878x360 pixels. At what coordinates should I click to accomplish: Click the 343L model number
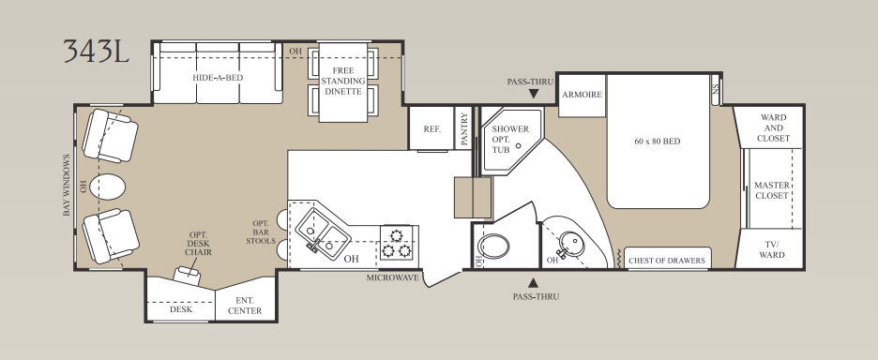tap(96, 51)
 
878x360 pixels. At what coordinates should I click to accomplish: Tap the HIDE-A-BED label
tap(218, 77)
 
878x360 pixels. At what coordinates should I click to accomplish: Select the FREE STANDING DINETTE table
tap(342, 82)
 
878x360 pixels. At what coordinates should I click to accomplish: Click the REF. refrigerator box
tap(431, 128)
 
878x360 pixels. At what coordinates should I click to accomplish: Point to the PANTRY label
tap(463, 129)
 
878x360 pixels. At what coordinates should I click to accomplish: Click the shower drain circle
tap(519, 145)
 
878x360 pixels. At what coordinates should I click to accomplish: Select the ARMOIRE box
tap(582, 96)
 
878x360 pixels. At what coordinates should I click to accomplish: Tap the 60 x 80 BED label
tap(658, 141)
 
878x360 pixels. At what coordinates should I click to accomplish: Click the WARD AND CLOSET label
tap(773, 127)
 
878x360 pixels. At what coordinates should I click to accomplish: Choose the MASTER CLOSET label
tap(772, 190)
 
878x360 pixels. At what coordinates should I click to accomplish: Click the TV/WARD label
tap(772, 249)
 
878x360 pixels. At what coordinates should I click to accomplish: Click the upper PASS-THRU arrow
tap(533, 94)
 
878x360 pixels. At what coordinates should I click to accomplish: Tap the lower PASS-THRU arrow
tap(533, 283)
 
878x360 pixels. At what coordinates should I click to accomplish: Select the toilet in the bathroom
tap(493, 247)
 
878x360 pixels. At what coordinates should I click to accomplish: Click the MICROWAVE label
tap(392, 277)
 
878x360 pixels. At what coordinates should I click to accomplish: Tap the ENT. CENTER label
tap(245, 306)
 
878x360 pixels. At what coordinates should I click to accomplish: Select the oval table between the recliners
tap(107, 187)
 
